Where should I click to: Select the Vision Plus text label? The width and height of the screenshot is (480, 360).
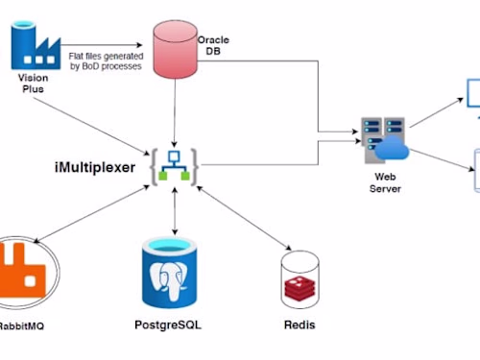[32, 83]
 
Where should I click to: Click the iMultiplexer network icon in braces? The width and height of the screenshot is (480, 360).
[174, 165]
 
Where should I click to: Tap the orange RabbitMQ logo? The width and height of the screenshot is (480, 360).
[24, 272]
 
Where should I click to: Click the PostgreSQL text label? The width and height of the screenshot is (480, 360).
[174, 325]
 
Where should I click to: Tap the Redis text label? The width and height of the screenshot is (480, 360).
[299, 325]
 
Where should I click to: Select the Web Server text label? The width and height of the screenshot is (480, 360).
[384, 181]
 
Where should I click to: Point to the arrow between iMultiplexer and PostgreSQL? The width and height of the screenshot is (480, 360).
[174, 212]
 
